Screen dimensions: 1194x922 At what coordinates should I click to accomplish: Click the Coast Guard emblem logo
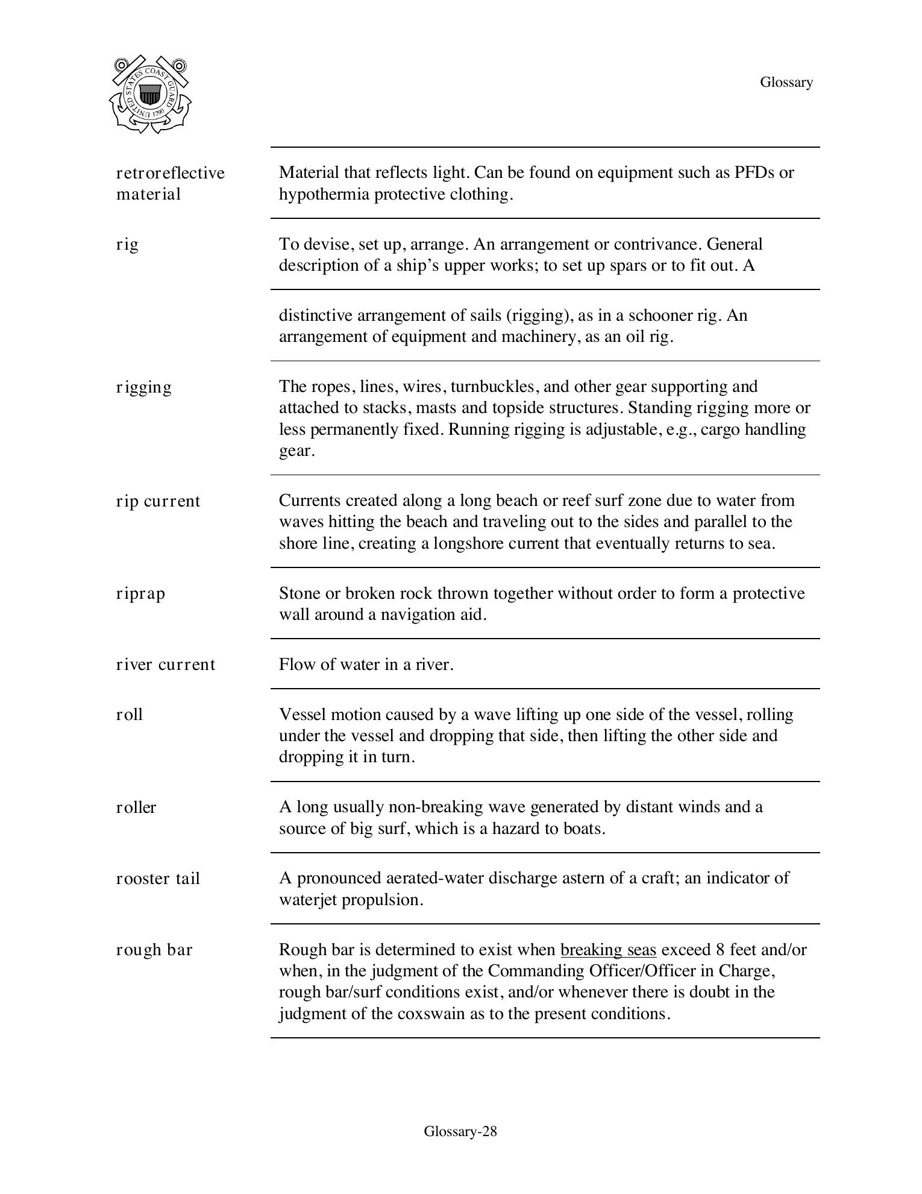(151, 95)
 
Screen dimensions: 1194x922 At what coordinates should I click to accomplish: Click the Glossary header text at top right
(786, 82)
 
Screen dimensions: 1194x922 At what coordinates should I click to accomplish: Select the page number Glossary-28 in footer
(460, 1131)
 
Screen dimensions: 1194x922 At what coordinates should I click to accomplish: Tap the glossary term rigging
(144, 387)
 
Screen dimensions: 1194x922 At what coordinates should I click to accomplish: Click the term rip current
(158, 501)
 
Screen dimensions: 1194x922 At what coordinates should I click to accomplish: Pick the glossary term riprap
(140, 594)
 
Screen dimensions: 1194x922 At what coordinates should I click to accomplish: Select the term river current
(165, 665)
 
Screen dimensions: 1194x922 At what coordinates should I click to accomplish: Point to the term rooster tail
(158, 879)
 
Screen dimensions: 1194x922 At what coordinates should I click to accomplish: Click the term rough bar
(154, 950)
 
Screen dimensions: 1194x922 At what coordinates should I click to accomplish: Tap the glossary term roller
(136, 807)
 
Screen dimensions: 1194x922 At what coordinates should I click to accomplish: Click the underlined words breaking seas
(608, 950)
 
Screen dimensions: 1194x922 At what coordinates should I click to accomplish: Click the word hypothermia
(324, 194)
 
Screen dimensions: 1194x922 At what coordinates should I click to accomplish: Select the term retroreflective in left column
(170, 173)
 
